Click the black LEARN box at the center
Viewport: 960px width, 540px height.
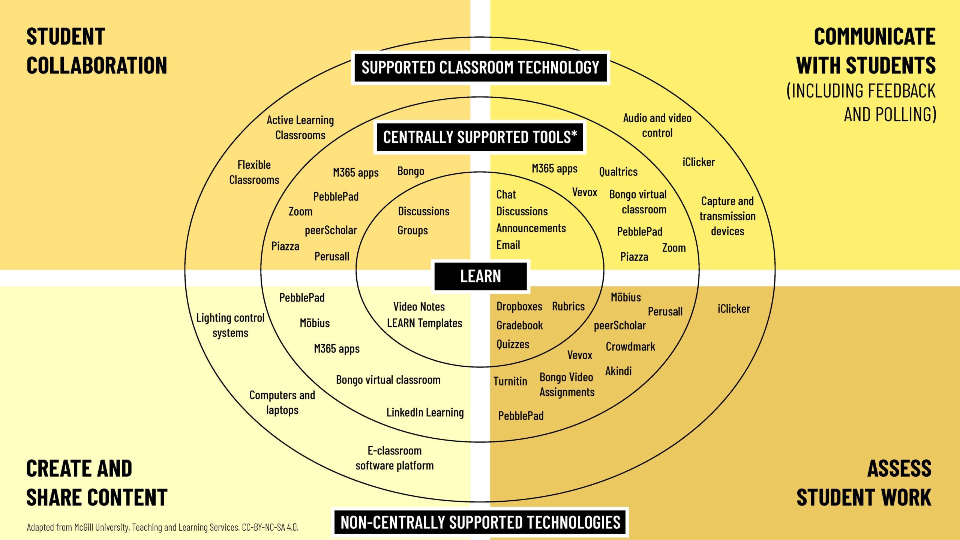pyautogui.click(x=480, y=276)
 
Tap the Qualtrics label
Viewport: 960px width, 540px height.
pyautogui.click(x=618, y=172)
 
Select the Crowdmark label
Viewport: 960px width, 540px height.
pyautogui.click(x=630, y=346)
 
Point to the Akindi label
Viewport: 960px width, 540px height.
pyautogui.click(x=618, y=371)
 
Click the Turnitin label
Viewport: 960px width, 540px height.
pyautogui.click(x=510, y=381)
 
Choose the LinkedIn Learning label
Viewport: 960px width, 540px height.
pyautogui.click(x=425, y=412)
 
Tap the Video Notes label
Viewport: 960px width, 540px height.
pyautogui.click(x=419, y=306)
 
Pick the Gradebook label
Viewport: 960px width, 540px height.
pyautogui.click(x=519, y=325)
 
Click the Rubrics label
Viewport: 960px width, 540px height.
pyautogui.click(x=568, y=306)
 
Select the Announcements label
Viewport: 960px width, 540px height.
pyautogui.click(x=531, y=228)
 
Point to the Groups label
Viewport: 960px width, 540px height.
pyautogui.click(x=412, y=230)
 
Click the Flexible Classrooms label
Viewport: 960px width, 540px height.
pyautogui.click(x=254, y=172)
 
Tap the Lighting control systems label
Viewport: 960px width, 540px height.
pyautogui.click(x=230, y=325)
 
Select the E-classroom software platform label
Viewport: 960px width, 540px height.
pyautogui.click(x=394, y=458)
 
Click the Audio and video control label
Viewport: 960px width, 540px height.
pyautogui.click(x=657, y=125)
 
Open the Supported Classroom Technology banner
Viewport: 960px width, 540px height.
pyautogui.click(x=480, y=67)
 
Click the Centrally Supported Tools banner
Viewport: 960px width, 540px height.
pyautogui.click(x=480, y=137)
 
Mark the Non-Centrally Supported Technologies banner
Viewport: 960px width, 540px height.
pyautogui.click(x=480, y=522)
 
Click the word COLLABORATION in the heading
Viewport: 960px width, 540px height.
pyautogui.click(x=97, y=66)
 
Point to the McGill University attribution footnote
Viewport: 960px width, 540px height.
pyautogui.click(x=162, y=527)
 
